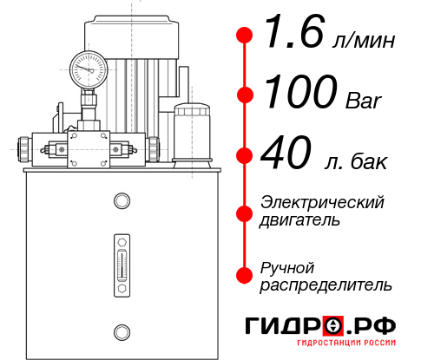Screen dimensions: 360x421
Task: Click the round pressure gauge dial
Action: coord(88,68)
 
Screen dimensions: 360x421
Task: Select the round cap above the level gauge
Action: coord(121,202)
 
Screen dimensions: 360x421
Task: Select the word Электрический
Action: coord(322,202)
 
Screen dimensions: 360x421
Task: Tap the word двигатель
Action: coord(299,220)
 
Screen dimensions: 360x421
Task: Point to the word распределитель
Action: coord(326,285)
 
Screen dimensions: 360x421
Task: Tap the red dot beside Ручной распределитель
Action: coord(245,274)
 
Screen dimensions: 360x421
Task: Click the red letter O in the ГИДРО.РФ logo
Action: coord(334,326)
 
